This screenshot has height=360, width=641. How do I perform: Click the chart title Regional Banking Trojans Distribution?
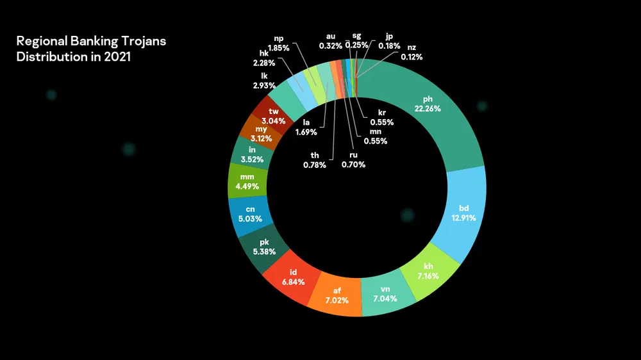[91, 48]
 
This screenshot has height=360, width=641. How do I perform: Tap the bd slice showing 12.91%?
[464, 213]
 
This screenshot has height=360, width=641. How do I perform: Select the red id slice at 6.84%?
[293, 276]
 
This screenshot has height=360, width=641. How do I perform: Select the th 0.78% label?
[315, 160]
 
